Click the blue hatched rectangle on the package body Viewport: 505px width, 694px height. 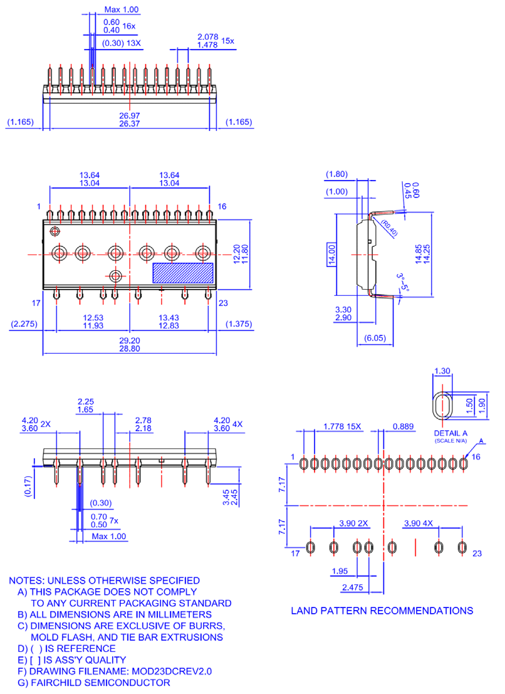coord(183,272)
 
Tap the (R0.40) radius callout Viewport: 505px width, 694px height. coord(388,228)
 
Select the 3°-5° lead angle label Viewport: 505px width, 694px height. coord(401,281)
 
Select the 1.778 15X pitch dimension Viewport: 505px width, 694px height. coord(342,426)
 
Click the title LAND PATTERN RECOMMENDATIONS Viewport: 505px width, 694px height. coord(382,610)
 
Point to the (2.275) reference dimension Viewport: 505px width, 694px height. coord(24,324)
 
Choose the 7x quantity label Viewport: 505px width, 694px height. coord(114,520)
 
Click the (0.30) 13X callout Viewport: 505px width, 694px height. coord(122,43)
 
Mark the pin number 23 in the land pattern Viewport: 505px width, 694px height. coord(477,553)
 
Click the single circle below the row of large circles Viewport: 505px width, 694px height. coord(115,276)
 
